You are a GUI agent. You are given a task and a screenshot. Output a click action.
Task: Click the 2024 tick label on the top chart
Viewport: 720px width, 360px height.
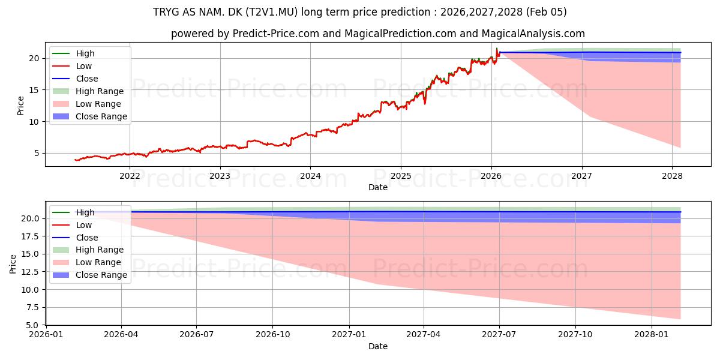coord(310,176)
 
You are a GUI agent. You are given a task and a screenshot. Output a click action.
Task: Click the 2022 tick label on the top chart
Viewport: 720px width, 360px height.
coord(130,176)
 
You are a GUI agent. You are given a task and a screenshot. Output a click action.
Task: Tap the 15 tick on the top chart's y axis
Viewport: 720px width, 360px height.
coord(34,90)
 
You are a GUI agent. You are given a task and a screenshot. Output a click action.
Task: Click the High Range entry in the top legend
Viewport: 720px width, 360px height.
coord(100,91)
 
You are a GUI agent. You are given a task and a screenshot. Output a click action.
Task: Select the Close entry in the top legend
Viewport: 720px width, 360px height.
coord(87,79)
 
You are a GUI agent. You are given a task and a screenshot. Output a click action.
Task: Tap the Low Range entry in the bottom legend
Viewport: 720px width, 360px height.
coord(98,262)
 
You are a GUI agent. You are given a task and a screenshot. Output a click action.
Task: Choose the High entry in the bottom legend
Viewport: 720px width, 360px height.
coord(85,212)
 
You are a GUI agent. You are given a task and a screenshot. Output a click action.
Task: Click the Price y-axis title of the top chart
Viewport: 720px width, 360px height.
coord(20,106)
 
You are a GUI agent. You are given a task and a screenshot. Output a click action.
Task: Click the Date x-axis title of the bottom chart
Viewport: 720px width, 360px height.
coord(378,346)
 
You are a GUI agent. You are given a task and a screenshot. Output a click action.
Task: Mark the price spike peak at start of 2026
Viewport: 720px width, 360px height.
coord(496,48)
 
